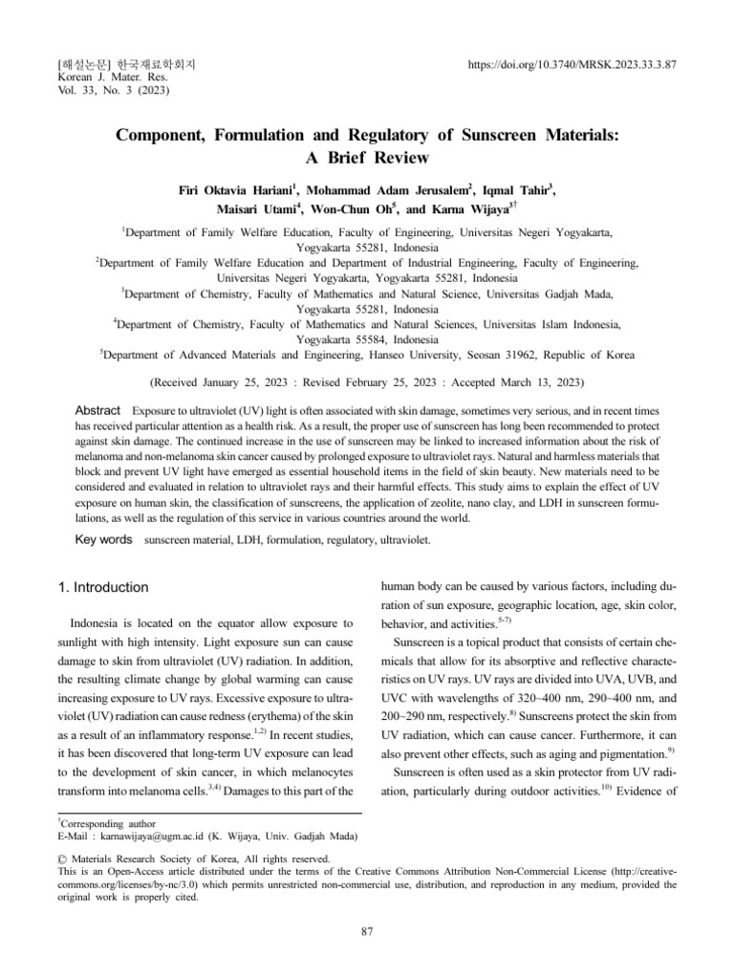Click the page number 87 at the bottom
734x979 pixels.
coord(367,932)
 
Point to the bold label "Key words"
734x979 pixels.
coord(103,540)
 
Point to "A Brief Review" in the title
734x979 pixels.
coord(367,158)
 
